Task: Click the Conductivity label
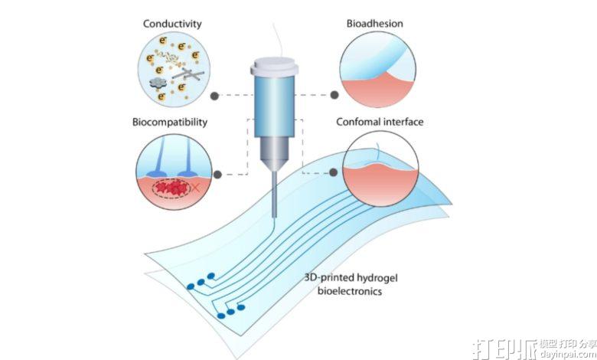coord(172,24)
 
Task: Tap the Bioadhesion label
coord(374,24)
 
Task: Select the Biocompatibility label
coord(170,123)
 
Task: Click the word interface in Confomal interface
coord(403,122)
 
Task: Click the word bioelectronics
coord(350,291)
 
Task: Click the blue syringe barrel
coord(274,106)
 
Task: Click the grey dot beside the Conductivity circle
coord(214,96)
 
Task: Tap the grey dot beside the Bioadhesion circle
coord(334,95)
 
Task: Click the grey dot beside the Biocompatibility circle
coord(217,175)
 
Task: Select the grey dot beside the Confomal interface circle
coord(333,172)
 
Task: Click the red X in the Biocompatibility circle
coord(195,187)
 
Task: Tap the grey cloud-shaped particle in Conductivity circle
coord(157,83)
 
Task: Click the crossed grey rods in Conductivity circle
coord(188,74)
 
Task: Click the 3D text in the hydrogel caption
coord(309,277)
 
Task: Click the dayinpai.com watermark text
coord(568,354)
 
